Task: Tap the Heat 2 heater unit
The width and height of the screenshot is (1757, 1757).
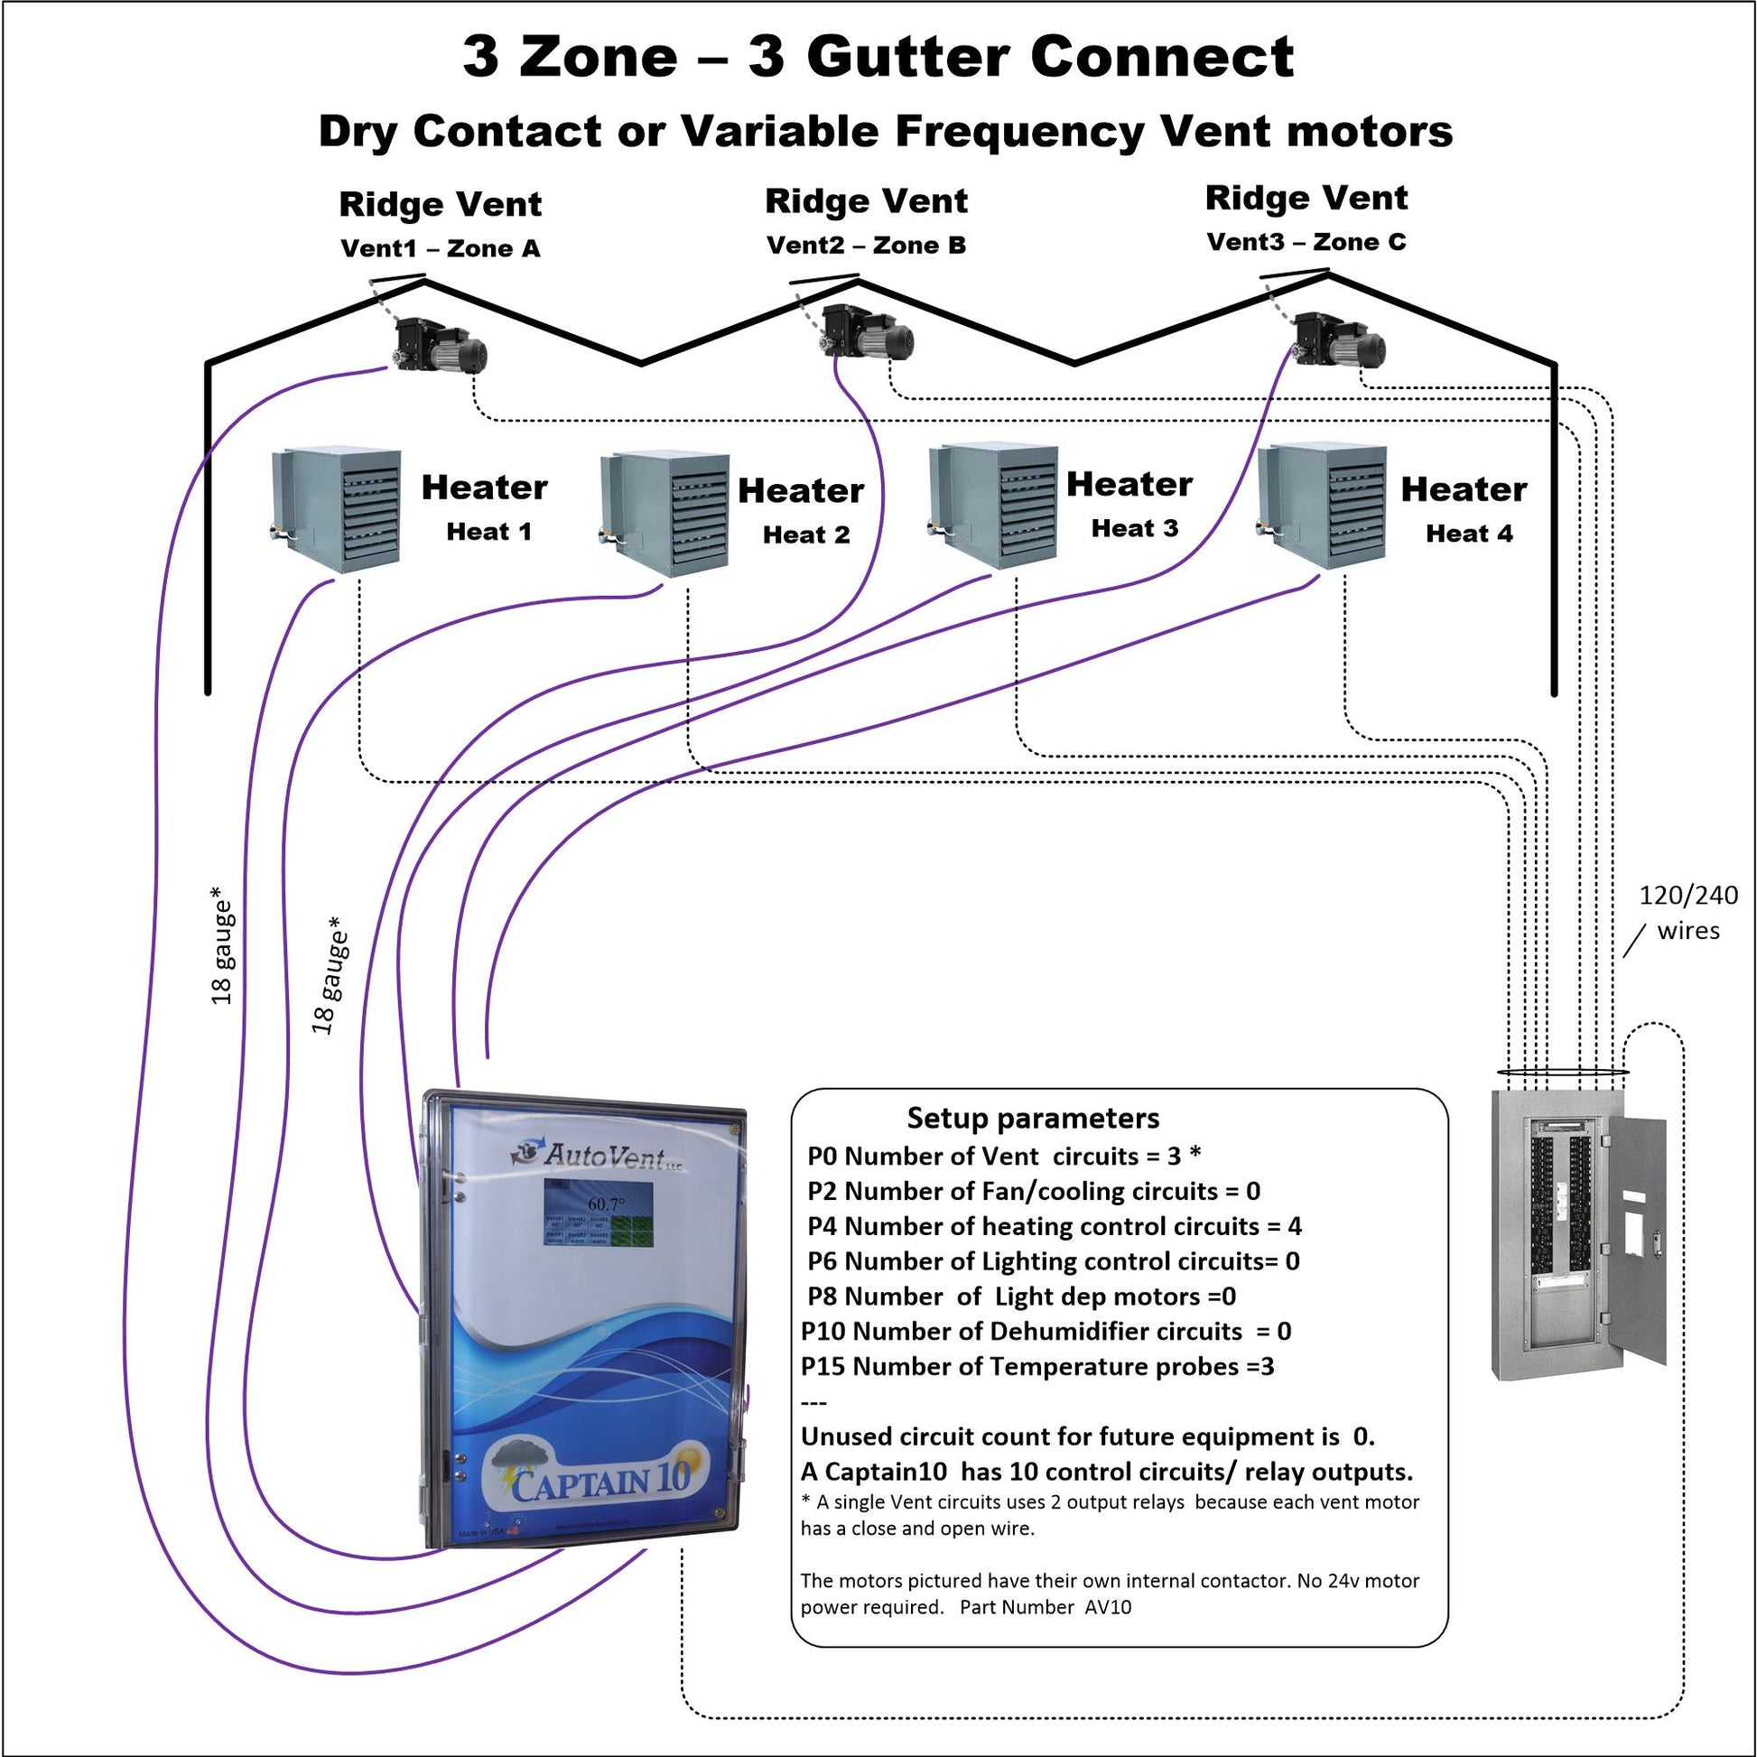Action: click(x=665, y=513)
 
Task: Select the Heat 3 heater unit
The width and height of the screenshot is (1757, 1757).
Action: click(x=993, y=505)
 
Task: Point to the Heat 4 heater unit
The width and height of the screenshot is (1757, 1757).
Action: click(x=1323, y=505)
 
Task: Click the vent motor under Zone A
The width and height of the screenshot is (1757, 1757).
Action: click(x=441, y=346)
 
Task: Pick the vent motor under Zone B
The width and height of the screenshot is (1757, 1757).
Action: click(x=868, y=332)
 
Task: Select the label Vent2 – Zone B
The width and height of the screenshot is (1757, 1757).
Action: click(x=866, y=246)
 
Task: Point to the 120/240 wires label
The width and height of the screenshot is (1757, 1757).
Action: click(x=1687, y=913)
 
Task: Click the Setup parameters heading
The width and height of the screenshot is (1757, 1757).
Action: click(x=1033, y=1118)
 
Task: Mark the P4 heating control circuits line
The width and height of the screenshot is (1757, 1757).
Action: click(x=1054, y=1227)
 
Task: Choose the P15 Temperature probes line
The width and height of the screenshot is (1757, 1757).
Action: click(x=1037, y=1367)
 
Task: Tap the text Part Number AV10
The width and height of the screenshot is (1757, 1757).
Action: click(x=1046, y=1607)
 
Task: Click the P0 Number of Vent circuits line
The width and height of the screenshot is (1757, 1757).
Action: click(x=1003, y=1156)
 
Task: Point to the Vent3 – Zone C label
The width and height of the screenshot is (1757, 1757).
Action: click(x=1306, y=243)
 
